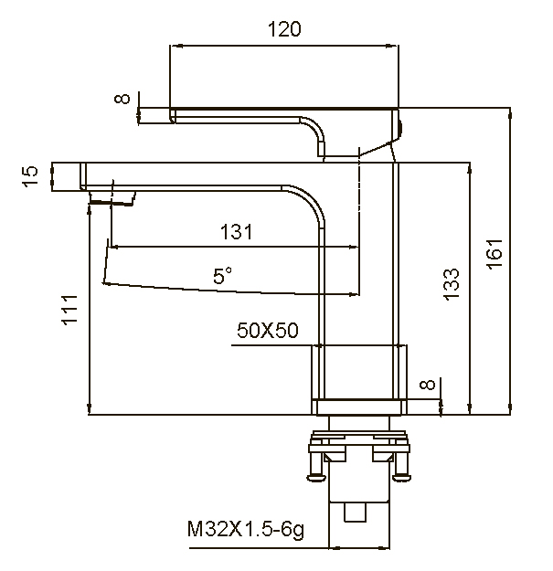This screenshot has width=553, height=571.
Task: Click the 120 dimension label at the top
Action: (x=284, y=29)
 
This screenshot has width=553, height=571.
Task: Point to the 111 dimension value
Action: (x=71, y=309)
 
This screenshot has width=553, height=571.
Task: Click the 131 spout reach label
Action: (x=236, y=232)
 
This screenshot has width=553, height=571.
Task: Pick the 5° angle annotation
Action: (x=222, y=274)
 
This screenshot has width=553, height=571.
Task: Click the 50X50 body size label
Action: (x=268, y=332)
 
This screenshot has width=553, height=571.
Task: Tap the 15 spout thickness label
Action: (x=30, y=175)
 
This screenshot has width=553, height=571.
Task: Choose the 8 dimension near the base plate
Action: (x=426, y=386)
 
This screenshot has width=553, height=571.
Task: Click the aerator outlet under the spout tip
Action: (x=112, y=196)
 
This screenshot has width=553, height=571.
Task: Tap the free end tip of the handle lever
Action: (x=174, y=114)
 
